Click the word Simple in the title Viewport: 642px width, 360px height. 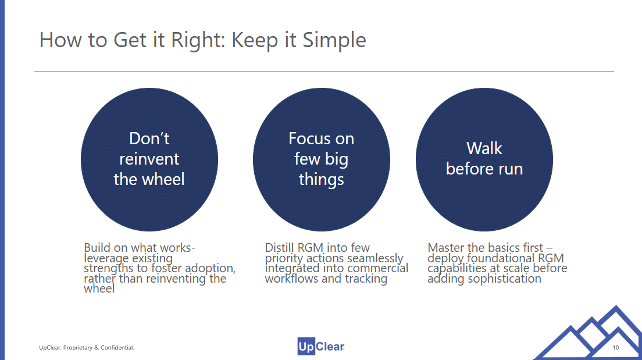click(x=334, y=40)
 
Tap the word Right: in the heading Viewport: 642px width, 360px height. click(x=198, y=40)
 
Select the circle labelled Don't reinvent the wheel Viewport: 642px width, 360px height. click(x=149, y=159)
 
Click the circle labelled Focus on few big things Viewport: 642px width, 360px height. click(x=322, y=159)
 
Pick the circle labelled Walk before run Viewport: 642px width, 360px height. click(x=484, y=159)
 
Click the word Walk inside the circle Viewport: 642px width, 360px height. click(x=484, y=148)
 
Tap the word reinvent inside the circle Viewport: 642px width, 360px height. click(x=149, y=159)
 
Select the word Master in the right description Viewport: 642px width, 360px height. click(x=446, y=248)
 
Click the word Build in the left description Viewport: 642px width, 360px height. click(x=97, y=248)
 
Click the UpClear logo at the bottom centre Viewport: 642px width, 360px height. click(x=321, y=347)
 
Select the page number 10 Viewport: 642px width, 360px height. click(x=615, y=348)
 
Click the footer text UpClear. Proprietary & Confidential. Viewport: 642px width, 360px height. click(x=87, y=348)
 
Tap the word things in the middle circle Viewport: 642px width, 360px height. click(x=322, y=180)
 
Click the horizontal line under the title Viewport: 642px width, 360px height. click(x=324, y=72)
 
